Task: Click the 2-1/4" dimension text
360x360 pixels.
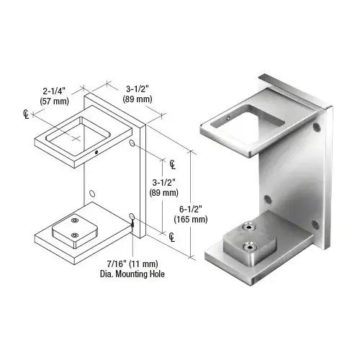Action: coord(54,91)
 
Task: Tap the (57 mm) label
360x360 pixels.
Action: coord(54,102)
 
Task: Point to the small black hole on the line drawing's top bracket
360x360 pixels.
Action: coord(96,152)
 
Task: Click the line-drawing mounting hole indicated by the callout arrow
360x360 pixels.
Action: coord(132,217)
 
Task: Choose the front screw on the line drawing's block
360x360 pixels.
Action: coord(75,235)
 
